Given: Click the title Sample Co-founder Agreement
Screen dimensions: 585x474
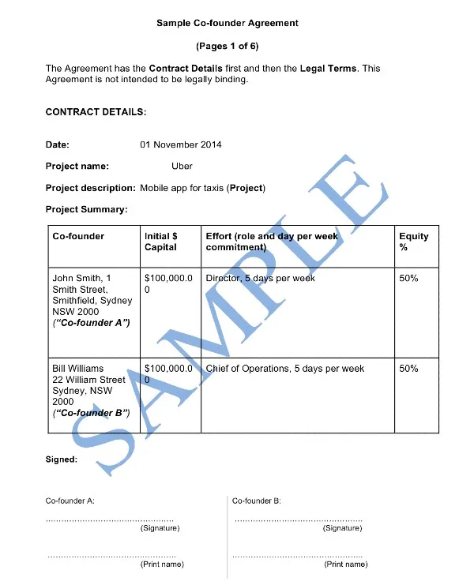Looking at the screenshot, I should (x=228, y=23).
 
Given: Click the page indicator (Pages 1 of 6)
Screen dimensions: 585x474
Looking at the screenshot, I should (x=228, y=46).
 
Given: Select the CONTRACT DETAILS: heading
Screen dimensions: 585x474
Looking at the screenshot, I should (x=96, y=112).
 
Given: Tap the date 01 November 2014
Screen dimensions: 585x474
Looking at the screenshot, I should (x=181, y=144).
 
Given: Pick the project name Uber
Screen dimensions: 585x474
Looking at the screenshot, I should (x=182, y=167).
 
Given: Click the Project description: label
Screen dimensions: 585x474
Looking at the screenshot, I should (x=91, y=188).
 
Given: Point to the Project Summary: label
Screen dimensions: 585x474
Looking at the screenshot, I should (x=87, y=210).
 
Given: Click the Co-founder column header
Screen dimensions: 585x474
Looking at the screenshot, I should (x=78, y=236).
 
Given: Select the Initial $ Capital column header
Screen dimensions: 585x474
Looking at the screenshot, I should (x=161, y=242).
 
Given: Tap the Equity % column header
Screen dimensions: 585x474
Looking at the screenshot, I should (x=413, y=242).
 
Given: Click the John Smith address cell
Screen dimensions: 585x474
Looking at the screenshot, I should (x=92, y=300).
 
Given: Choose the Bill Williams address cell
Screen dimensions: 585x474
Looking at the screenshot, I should (x=88, y=390).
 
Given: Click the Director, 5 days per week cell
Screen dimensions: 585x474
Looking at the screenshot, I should (x=260, y=279).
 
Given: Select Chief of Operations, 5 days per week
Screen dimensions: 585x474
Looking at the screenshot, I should (x=284, y=369).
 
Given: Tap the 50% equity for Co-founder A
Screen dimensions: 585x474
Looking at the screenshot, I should (x=408, y=279).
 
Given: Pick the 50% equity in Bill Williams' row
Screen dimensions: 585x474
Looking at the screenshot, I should (x=408, y=369).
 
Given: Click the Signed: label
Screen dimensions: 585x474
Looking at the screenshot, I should (x=62, y=459).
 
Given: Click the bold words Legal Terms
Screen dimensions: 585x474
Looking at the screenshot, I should (x=329, y=69).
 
